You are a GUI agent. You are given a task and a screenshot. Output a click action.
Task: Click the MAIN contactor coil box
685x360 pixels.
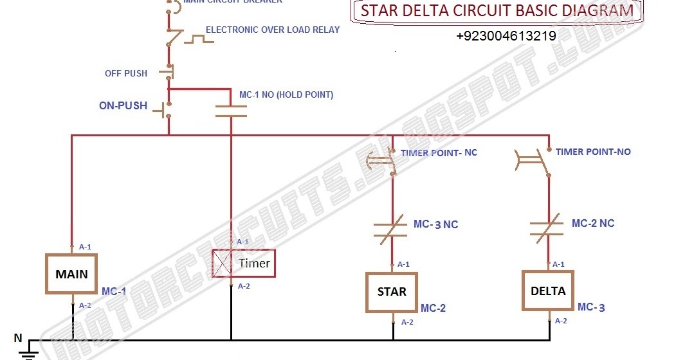(x=71, y=274)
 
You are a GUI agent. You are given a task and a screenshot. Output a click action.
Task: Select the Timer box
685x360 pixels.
(x=244, y=264)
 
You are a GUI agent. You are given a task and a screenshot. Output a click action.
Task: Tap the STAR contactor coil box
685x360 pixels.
(x=392, y=292)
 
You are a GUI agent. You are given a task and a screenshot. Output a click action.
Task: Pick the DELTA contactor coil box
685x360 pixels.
(x=547, y=291)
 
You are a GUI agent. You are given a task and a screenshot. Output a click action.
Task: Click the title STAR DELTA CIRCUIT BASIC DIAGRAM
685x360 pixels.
(x=496, y=12)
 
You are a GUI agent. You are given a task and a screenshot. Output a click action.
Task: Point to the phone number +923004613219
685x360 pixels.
(x=506, y=36)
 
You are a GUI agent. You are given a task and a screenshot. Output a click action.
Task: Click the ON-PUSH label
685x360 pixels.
(x=123, y=105)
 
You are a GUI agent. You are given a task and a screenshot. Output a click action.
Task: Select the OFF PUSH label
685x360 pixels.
(x=126, y=73)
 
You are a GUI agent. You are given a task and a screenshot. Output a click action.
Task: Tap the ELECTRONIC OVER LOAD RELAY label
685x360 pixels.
(x=273, y=30)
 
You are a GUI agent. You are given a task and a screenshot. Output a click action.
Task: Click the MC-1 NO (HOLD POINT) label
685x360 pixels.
(x=286, y=95)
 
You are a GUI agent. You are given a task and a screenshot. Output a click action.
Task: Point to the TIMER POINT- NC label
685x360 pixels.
(x=439, y=153)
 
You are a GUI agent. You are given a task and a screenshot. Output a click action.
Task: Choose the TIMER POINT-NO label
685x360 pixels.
(x=593, y=152)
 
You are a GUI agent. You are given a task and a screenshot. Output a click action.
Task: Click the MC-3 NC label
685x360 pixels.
(x=435, y=224)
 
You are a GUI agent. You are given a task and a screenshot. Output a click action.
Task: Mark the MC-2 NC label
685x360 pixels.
(x=592, y=223)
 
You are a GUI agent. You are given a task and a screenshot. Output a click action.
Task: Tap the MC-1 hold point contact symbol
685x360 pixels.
(x=231, y=111)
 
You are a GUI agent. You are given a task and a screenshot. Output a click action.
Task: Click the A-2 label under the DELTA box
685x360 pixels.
(x=561, y=320)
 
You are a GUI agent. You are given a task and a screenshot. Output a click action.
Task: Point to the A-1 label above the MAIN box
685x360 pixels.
(x=85, y=247)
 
